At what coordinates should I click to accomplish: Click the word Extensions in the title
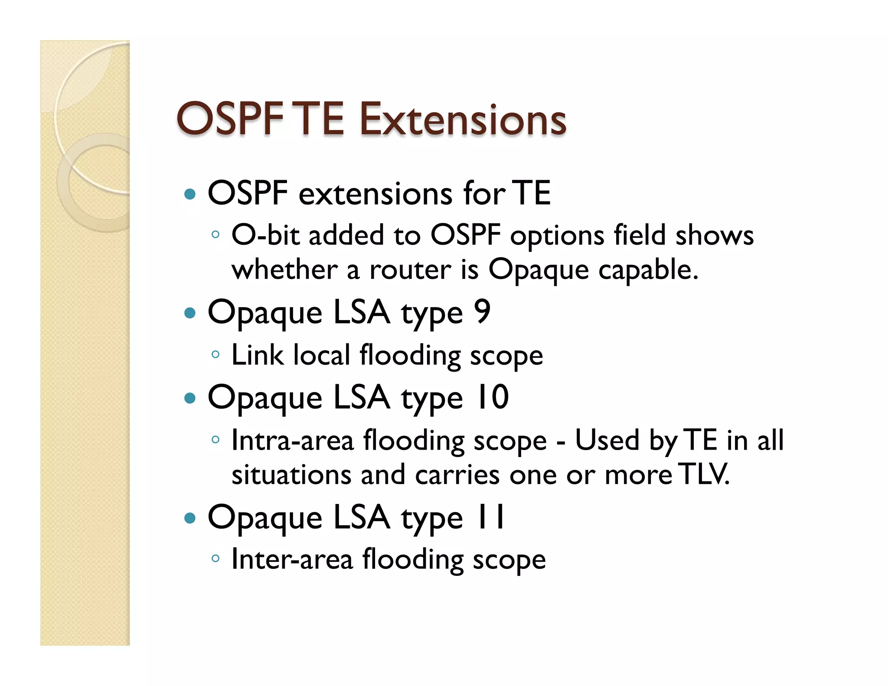coord(463,119)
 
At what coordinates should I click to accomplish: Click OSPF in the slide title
coord(230,119)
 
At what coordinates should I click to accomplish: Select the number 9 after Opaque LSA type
coord(482,311)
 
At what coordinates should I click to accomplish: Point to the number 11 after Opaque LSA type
coord(490,516)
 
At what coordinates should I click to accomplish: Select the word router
coord(410,270)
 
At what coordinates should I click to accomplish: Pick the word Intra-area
coord(292,440)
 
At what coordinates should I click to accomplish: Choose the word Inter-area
coord(292,559)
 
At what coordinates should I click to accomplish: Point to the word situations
coord(291,474)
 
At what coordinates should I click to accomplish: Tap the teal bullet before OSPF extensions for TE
coord(190,193)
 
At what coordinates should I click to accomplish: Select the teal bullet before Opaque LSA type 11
coord(190,517)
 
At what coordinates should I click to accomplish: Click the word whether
coord(284,270)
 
